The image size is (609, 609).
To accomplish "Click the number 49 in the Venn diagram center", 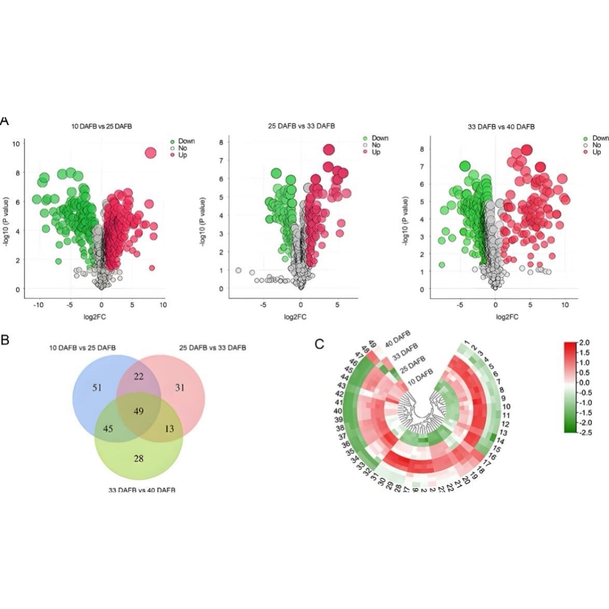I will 138,411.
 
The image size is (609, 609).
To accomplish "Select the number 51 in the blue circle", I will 97,387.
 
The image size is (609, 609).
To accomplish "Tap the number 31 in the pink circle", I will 179,387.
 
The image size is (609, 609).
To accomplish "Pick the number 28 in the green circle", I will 139,459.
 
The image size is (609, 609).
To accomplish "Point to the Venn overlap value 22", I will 139,376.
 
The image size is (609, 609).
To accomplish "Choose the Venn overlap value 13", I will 169,428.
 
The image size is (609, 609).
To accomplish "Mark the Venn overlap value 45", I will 108,428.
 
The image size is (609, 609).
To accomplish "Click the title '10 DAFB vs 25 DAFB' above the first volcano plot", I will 102,126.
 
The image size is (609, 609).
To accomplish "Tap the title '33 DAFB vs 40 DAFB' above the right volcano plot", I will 501,127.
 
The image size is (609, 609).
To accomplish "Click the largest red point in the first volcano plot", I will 150,153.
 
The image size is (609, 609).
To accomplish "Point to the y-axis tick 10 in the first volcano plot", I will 17,144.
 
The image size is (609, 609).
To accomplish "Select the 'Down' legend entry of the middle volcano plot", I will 379,138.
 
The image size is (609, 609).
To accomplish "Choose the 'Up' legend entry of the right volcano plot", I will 597,152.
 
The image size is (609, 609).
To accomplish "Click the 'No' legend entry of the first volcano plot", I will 183,148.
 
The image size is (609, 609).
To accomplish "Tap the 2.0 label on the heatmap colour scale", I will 584,343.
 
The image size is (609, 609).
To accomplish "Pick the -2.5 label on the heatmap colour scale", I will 584,432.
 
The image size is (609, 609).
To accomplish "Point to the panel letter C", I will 320,344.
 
